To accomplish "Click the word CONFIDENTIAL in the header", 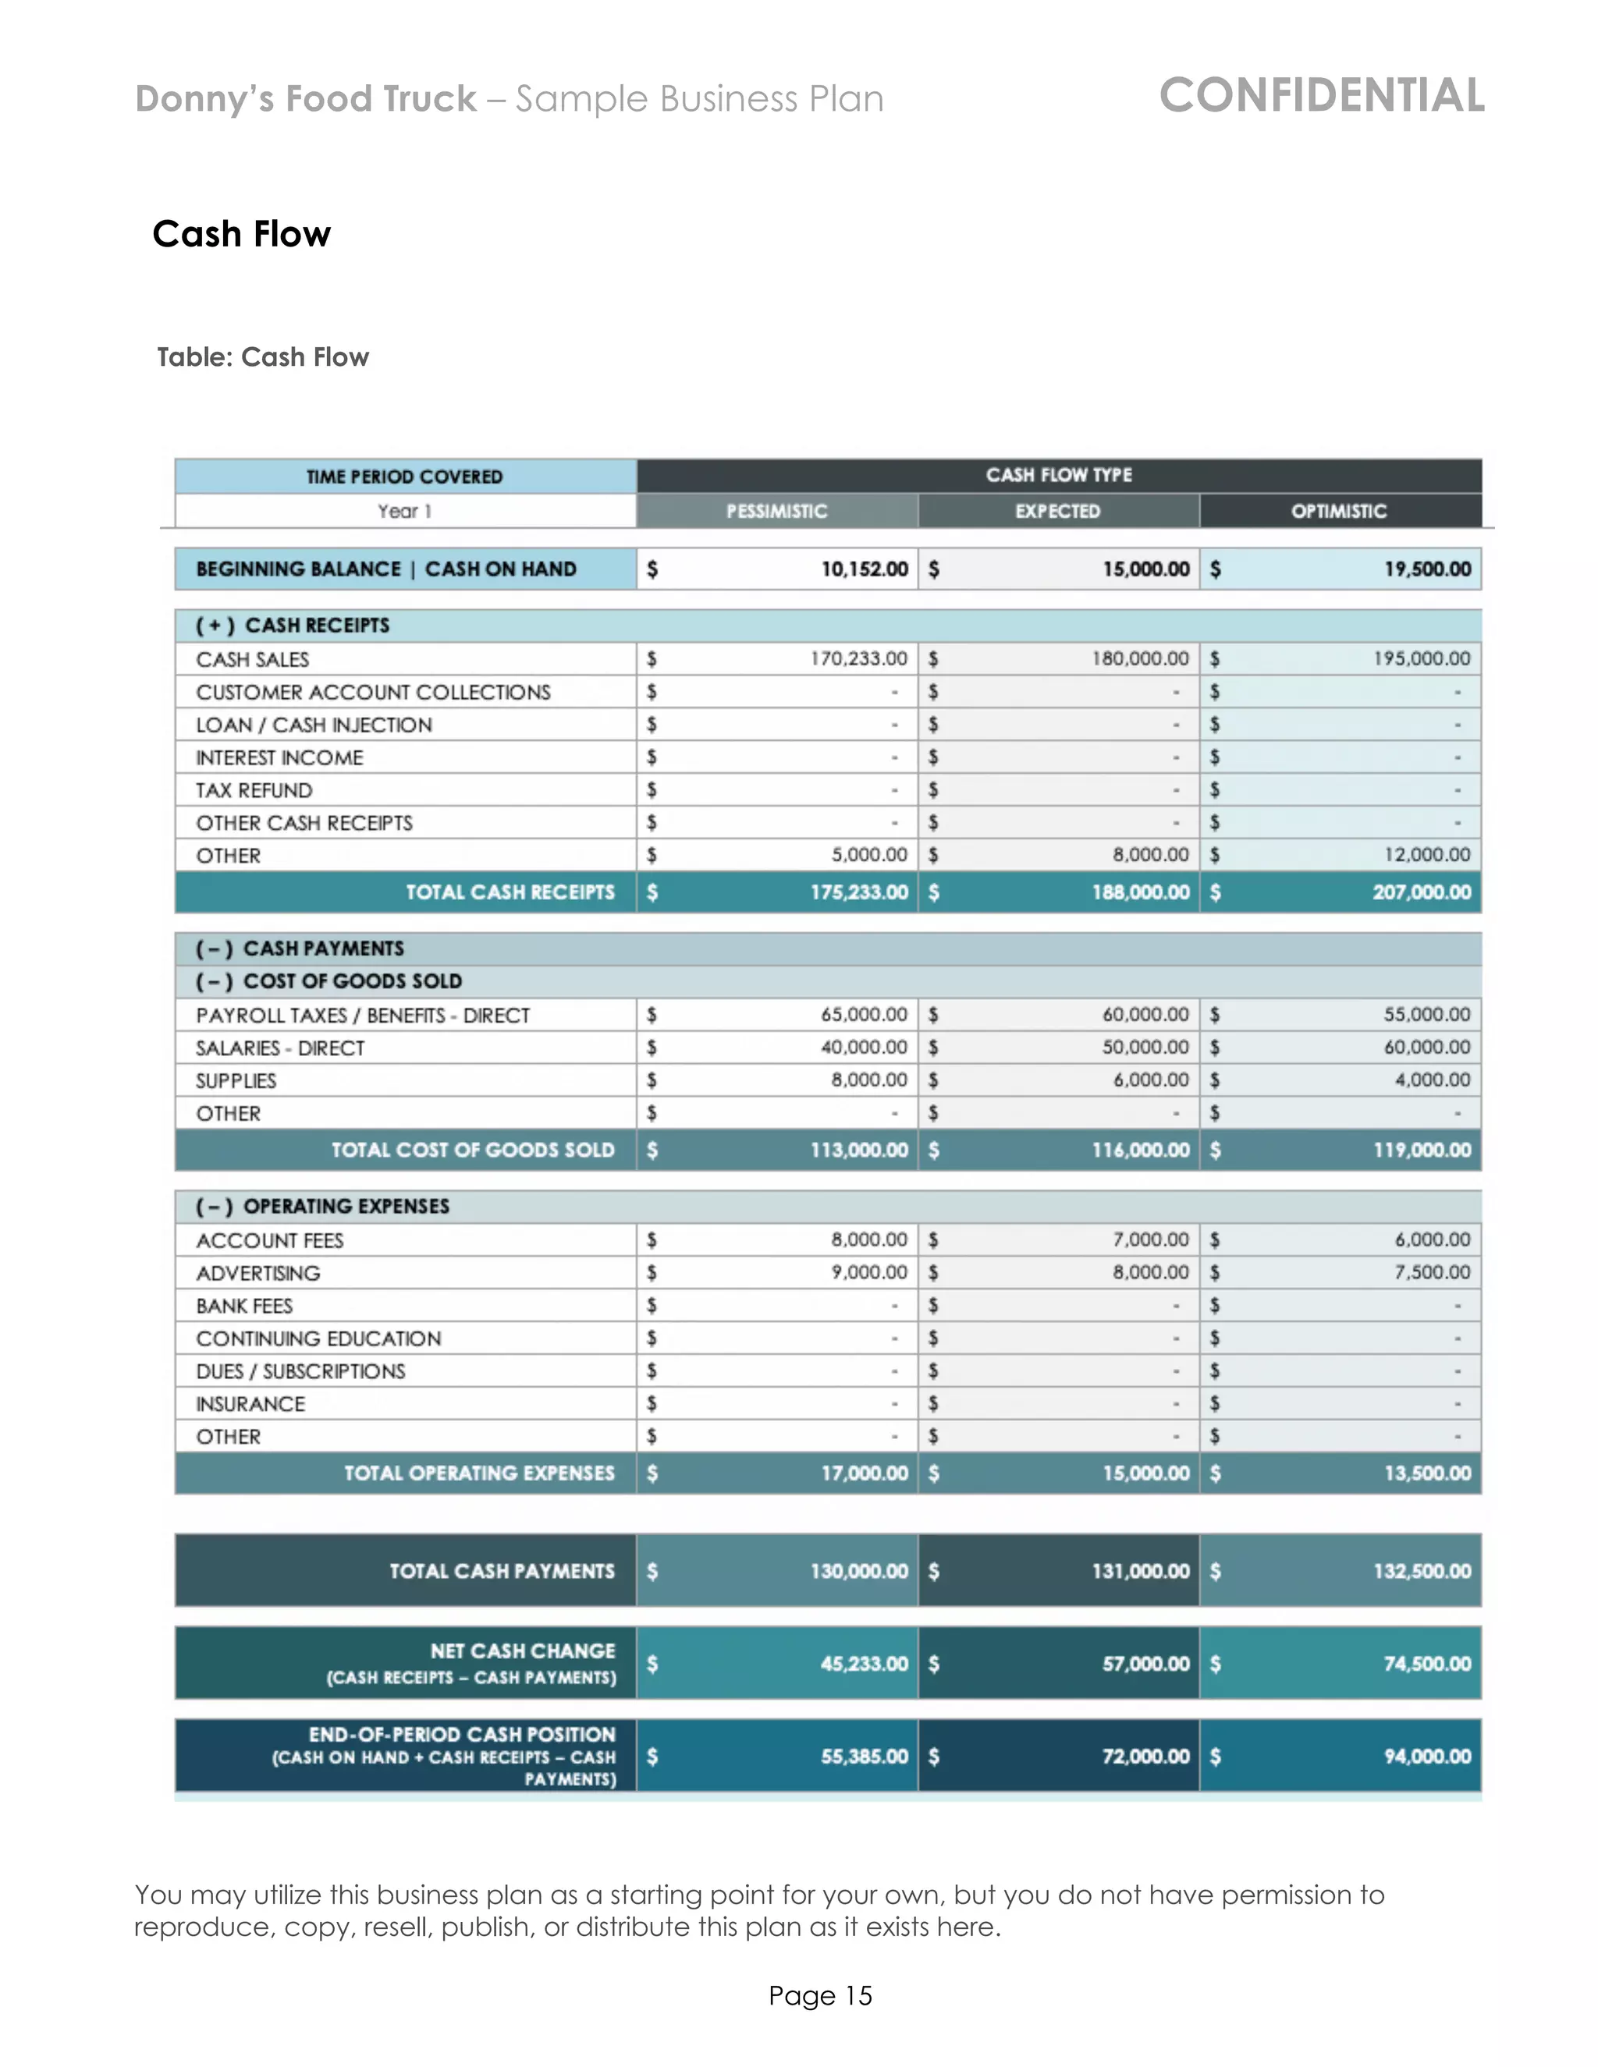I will tap(1322, 96).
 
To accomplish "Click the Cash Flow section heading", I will tap(241, 234).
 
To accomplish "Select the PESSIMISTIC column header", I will tap(776, 511).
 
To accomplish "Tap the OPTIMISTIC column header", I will tap(1339, 511).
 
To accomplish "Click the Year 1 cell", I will tap(405, 511).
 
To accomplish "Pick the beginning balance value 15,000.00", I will tap(1145, 569).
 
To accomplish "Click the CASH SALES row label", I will tap(253, 660).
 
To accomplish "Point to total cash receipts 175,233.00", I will tap(858, 892).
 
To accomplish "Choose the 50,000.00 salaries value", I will tap(1145, 1047).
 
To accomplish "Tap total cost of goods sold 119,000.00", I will tap(1422, 1150).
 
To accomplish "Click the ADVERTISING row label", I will tap(258, 1273).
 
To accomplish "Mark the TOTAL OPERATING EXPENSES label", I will tap(479, 1473).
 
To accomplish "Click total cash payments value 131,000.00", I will tap(1140, 1571).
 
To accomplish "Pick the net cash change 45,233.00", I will tap(864, 1664).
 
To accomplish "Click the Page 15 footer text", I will tap(820, 1995).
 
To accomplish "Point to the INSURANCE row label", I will tap(251, 1403).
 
